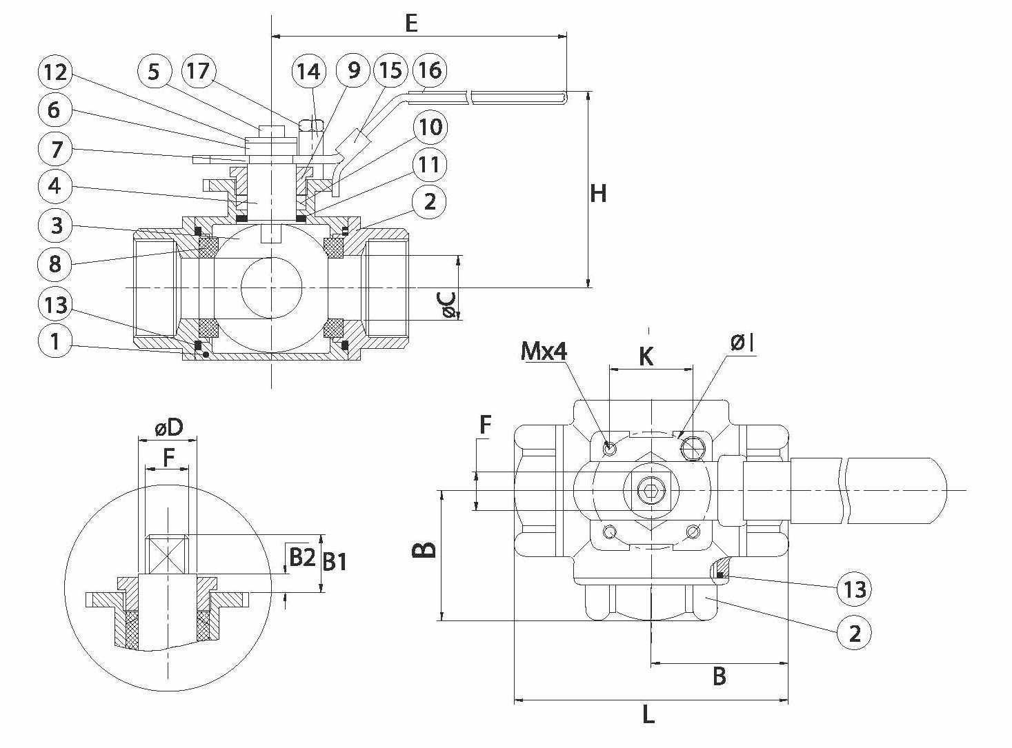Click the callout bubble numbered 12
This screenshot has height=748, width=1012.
[55, 72]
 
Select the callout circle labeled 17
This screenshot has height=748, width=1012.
[198, 71]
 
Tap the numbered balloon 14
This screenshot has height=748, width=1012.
[309, 71]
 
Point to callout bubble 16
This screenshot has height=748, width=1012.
[429, 70]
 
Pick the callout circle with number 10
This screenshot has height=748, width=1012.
[429, 127]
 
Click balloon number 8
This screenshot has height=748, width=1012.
[55, 263]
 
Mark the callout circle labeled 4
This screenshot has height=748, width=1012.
[55, 185]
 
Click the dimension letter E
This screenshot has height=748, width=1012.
[411, 23]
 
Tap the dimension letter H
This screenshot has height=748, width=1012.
[598, 194]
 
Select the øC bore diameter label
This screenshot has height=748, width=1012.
[448, 305]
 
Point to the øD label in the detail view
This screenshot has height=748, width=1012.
[168, 428]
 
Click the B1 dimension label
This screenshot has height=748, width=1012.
[335, 562]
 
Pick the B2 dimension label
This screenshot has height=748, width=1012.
[301, 557]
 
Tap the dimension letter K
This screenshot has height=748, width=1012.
[646, 356]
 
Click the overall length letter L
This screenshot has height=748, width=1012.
[648, 715]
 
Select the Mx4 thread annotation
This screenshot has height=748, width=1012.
[544, 352]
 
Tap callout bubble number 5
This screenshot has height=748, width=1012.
[154, 71]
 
